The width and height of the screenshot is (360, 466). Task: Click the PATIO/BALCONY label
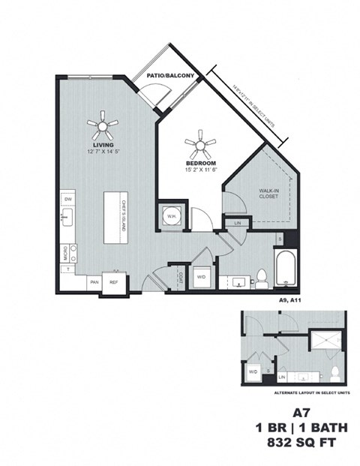[x=170, y=77]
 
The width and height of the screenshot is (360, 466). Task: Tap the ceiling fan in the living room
[x=101, y=125]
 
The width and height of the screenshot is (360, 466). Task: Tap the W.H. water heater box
[x=172, y=216]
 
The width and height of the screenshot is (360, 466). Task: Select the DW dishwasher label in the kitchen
[x=67, y=199]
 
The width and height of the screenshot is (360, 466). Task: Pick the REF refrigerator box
[x=115, y=282]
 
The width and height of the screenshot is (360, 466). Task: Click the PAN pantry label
[x=94, y=282]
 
